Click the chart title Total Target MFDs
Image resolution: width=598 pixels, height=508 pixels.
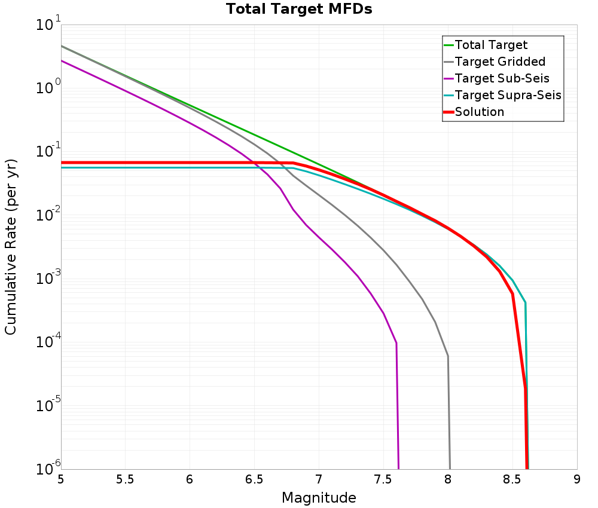[298, 10]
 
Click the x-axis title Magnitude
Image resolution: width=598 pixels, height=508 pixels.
[319, 498]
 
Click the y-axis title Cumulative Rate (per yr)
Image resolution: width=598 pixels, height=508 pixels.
[11, 247]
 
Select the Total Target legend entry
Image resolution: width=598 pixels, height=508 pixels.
[491, 45]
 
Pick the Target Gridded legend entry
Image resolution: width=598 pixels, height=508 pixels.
[500, 62]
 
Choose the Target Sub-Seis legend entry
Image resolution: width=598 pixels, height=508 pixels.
[502, 78]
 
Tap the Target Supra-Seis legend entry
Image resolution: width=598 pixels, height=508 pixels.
[508, 95]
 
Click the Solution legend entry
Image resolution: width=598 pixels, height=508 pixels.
[479, 112]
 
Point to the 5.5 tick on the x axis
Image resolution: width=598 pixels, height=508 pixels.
[126, 479]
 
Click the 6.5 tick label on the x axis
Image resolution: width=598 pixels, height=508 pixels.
[255, 479]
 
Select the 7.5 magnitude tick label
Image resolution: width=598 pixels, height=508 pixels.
[383, 479]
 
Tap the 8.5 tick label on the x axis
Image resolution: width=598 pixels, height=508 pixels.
[512, 479]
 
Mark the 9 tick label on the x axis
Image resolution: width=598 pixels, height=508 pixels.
[577, 479]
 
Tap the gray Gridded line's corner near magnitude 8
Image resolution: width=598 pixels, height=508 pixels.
[448, 356]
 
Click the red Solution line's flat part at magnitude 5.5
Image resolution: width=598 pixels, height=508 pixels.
[126, 163]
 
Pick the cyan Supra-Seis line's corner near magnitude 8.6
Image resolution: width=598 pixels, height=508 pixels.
[525, 302]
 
